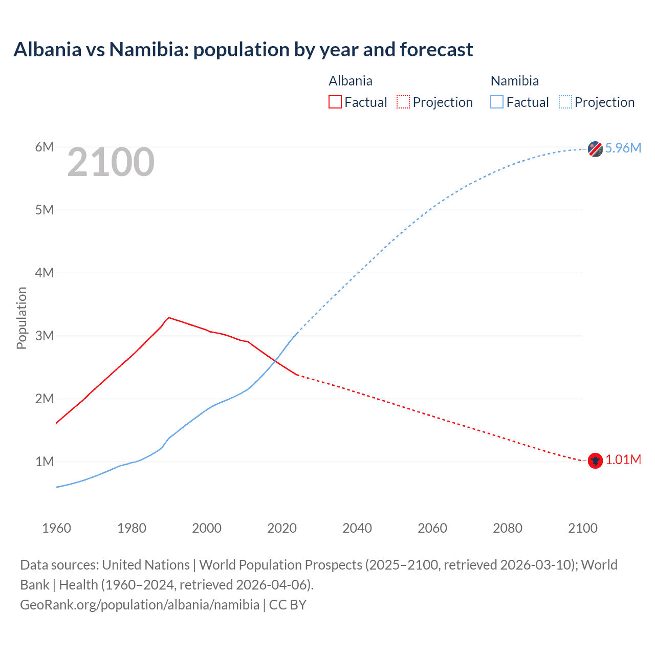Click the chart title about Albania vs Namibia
pyautogui.click(x=243, y=50)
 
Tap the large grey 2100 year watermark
pyautogui.click(x=111, y=162)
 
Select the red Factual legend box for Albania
pyautogui.click(x=335, y=102)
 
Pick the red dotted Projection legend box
pyautogui.click(x=403, y=102)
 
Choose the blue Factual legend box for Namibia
pyautogui.click(x=496, y=102)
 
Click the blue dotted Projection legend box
pyautogui.click(x=565, y=102)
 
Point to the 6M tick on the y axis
pyautogui.click(x=45, y=147)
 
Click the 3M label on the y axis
pyautogui.click(x=45, y=336)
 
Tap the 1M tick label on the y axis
pyautogui.click(x=45, y=462)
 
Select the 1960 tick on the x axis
pyautogui.click(x=56, y=528)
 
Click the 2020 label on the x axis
pyautogui.click(x=282, y=528)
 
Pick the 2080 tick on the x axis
pyautogui.click(x=508, y=528)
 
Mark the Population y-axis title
pyautogui.click(x=21, y=318)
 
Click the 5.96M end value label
pyautogui.click(x=623, y=148)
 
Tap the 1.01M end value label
pyautogui.click(x=623, y=460)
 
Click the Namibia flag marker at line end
pyautogui.click(x=595, y=149)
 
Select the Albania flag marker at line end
pyautogui.click(x=595, y=461)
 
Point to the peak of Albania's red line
pyautogui.click(x=169, y=317)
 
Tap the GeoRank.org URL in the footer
pyautogui.click(x=140, y=605)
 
